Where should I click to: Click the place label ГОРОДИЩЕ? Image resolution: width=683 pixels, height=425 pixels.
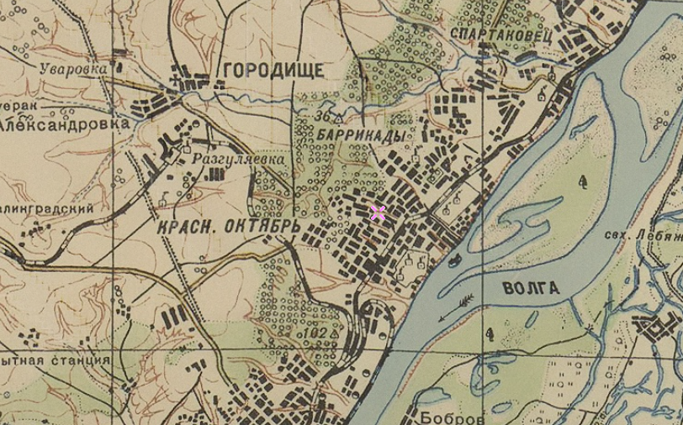[272, 70]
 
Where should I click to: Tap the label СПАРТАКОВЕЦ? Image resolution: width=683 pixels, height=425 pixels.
[500, 33]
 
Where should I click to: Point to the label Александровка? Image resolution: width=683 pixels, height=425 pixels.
[65, 123]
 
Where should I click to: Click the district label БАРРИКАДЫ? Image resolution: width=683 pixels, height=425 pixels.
[357, 135]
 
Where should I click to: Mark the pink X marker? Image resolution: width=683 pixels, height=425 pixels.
[378, 212]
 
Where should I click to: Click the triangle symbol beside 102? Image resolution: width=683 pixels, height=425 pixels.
[334, 334]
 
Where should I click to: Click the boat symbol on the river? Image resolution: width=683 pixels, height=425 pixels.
[454, 260]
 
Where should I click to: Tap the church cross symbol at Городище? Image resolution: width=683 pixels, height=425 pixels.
[175, 81]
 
